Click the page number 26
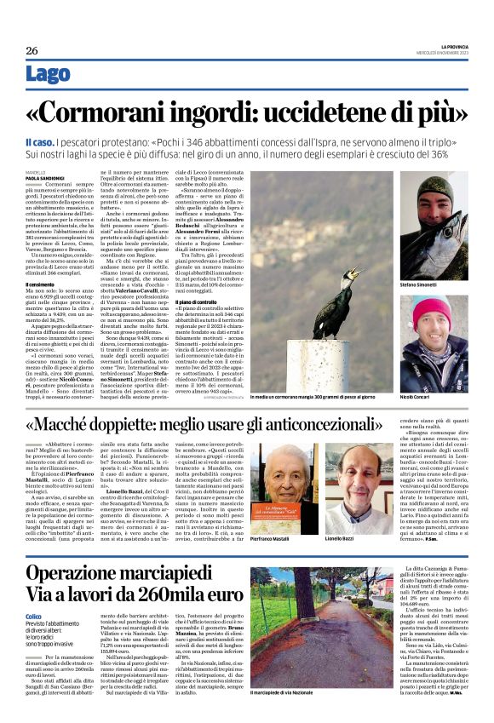point(32,50)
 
